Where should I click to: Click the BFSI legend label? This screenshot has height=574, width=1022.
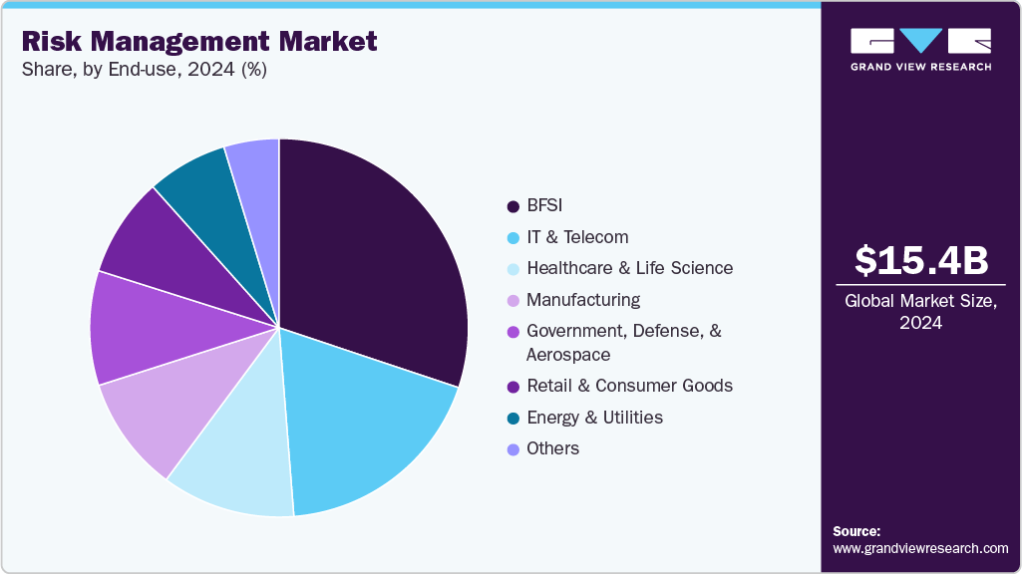point(544,206)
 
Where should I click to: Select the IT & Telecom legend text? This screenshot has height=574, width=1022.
point(577,237)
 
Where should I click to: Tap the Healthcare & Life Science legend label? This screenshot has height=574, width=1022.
point(629,268)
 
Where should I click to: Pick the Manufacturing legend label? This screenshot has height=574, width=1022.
point(583,300)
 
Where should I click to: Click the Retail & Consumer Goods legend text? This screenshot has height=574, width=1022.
point(629,386)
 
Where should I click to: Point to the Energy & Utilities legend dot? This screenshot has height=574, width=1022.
point(512,418)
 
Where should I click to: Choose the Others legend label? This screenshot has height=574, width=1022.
point(552,448)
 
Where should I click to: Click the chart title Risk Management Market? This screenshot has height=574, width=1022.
point(199,41)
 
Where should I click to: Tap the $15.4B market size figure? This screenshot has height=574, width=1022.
point(921,260)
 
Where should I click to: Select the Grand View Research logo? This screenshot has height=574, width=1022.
point(920,49)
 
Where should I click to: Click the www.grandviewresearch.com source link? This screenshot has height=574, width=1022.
point(920,548)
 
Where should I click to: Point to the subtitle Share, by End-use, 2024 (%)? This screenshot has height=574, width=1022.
point(144,69)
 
